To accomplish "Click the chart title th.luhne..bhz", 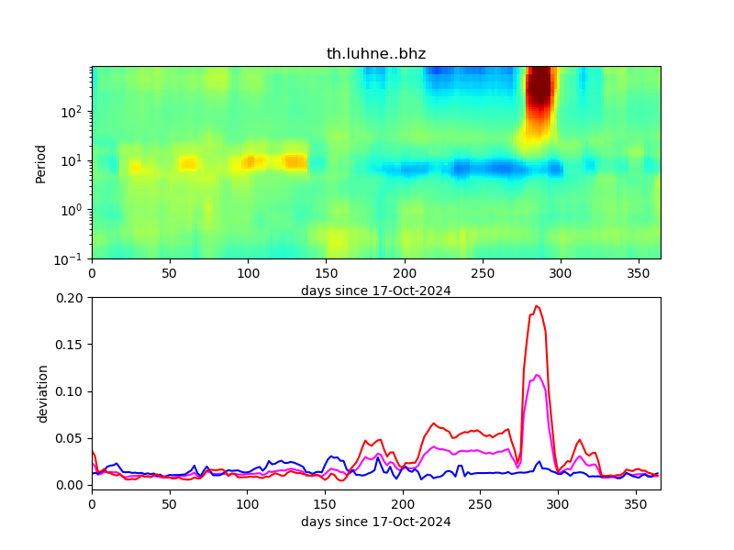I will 376,54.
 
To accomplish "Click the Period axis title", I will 41,162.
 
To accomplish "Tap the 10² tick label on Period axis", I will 73,112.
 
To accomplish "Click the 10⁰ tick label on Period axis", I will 73,210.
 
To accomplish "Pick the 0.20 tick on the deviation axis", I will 71,298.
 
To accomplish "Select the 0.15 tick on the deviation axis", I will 71,345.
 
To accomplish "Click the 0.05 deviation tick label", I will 71,438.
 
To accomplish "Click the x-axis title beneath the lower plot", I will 376,522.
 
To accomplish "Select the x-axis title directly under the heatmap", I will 376,291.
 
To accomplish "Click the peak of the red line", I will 537,306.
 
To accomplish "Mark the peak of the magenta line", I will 538,375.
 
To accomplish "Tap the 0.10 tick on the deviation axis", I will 71,391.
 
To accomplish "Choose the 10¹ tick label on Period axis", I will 73,161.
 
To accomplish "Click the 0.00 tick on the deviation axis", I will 71,485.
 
